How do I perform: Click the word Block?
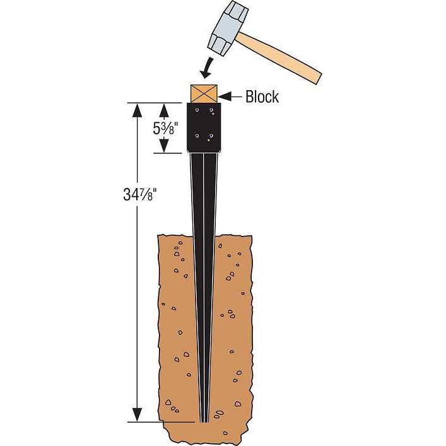(262, 97)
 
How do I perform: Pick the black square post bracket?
(204, 126)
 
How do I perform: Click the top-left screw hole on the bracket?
(197, 110)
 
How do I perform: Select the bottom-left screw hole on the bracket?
(197, 135)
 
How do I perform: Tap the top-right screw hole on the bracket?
(212, 110)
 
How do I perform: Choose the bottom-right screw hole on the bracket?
(212, 135)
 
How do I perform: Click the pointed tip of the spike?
(204, 419)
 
